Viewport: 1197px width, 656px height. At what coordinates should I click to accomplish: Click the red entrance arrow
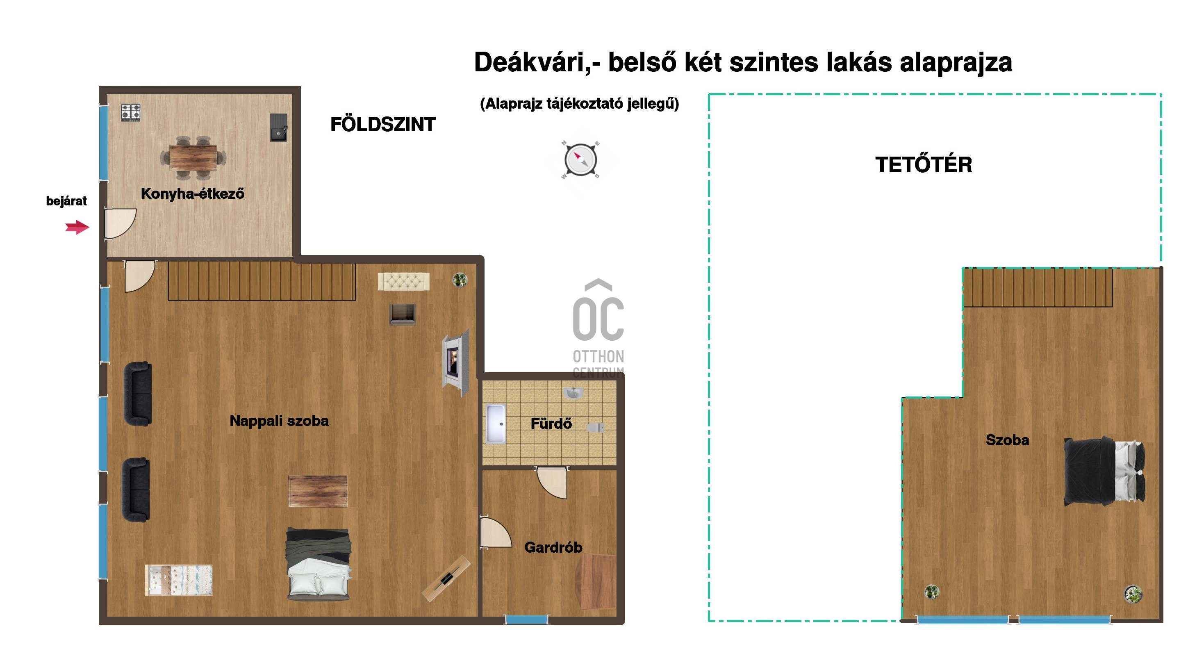point(77,227)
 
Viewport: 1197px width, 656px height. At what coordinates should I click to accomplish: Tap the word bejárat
point(66,201)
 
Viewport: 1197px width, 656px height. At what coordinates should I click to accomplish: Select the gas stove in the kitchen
point(131,113)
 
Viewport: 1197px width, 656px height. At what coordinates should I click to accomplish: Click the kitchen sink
point(279,127)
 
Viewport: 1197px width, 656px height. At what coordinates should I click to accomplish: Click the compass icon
point(580,160)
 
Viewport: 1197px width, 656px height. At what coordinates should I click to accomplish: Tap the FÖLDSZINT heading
point(383,125)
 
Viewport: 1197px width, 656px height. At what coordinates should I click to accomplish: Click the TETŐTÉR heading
point(924,165)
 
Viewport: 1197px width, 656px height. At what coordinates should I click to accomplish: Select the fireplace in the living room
point(456,363)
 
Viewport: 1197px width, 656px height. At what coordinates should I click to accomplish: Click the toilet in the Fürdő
point(596,427)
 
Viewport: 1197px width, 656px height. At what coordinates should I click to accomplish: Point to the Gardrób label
point(553,547)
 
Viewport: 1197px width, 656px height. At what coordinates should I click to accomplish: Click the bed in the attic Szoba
point(1104,471)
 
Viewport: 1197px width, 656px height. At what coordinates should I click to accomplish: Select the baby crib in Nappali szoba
point(179,580)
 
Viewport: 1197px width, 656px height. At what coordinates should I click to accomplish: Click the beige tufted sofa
point(404,282)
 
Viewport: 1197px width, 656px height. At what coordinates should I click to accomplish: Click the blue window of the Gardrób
point(527,619)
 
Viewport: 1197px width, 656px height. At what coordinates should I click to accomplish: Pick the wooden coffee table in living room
point(318,491)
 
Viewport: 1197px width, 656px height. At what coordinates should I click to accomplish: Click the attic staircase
point(1038,287)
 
